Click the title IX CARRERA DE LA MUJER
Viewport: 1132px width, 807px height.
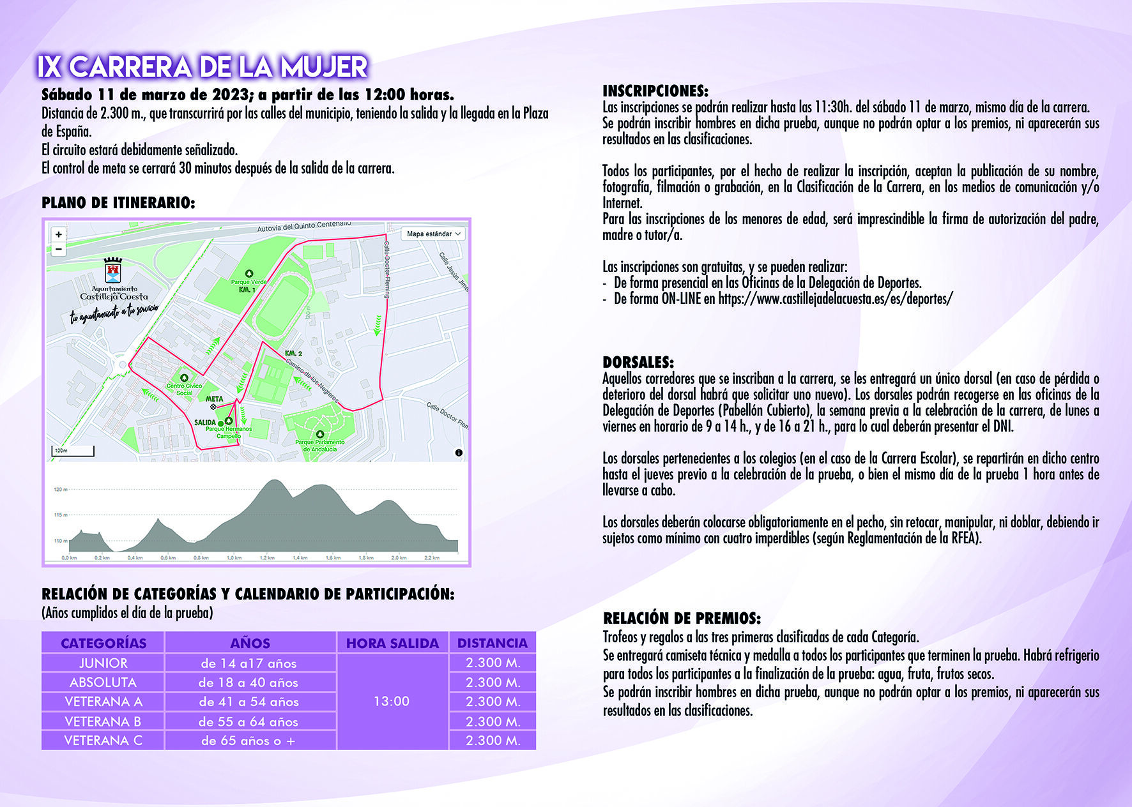(202, 67)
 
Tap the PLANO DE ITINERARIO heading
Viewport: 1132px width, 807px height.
(118, 203)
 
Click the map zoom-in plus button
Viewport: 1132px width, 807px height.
(59, 234)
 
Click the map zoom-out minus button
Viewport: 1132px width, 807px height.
(59, 249)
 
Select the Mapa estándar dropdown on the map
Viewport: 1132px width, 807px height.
(433, 234)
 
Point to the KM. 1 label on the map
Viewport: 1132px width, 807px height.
(247, 290)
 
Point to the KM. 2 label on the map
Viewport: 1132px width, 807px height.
(293, 353)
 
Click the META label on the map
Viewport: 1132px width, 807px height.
(215, 399)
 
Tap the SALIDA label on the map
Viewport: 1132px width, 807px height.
(205, 423)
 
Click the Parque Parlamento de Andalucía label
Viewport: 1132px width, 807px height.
(320, 445)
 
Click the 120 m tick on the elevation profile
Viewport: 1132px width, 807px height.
(61, 490)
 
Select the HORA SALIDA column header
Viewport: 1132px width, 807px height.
(392, 643)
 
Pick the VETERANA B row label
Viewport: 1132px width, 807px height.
(103, 721)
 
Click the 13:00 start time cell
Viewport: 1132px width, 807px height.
(392, 701)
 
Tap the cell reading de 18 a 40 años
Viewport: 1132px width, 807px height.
(249, 683)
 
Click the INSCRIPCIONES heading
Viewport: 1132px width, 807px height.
(655, 91)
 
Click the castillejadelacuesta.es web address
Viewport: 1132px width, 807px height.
(835, 298)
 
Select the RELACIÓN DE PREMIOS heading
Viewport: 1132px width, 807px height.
(682, 618)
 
